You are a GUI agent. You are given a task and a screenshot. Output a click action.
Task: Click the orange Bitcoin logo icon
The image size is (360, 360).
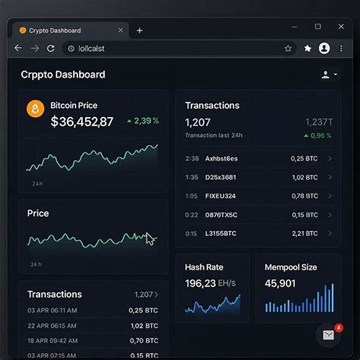click(x=35, y=109)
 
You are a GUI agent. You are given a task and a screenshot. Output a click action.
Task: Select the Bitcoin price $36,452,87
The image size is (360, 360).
click(x=82, y=122)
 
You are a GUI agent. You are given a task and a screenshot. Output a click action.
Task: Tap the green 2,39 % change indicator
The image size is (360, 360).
click(x=143, y=121)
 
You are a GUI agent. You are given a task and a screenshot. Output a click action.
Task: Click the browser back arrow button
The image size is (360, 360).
click(x=18, y=48)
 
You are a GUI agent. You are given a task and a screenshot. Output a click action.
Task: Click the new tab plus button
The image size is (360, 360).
click(x=140, y=31)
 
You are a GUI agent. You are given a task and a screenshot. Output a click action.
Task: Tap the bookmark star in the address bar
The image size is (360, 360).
click(x=288, y=48)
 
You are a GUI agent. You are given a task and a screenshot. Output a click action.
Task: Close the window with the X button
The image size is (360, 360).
click(x=341, y=26)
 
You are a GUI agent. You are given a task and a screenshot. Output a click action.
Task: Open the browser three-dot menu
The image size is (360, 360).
click(x=341, y=48)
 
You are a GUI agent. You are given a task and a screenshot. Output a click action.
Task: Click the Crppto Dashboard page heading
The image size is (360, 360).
click(x=63, y=74)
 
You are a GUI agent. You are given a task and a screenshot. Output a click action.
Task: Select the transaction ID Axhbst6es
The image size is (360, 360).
click(x=221, y=158)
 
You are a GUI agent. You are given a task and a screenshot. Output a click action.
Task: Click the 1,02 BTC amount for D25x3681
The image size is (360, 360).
click(x=304, y=178)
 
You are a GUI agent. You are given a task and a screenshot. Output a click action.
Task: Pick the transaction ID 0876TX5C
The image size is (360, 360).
click(x=221, y=215)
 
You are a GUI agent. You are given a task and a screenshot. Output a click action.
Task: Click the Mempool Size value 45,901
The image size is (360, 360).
click(x=280, y=283)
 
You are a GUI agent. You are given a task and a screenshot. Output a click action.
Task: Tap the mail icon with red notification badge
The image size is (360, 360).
click(x=328, y=335)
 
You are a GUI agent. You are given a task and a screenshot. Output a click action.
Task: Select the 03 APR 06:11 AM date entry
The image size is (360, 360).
click(x=52, y=310)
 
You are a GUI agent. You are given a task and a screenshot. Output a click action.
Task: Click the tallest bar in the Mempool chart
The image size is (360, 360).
click(x=326, y=298)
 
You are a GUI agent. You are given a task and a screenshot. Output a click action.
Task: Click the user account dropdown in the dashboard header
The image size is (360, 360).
click(x=329, y=74)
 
